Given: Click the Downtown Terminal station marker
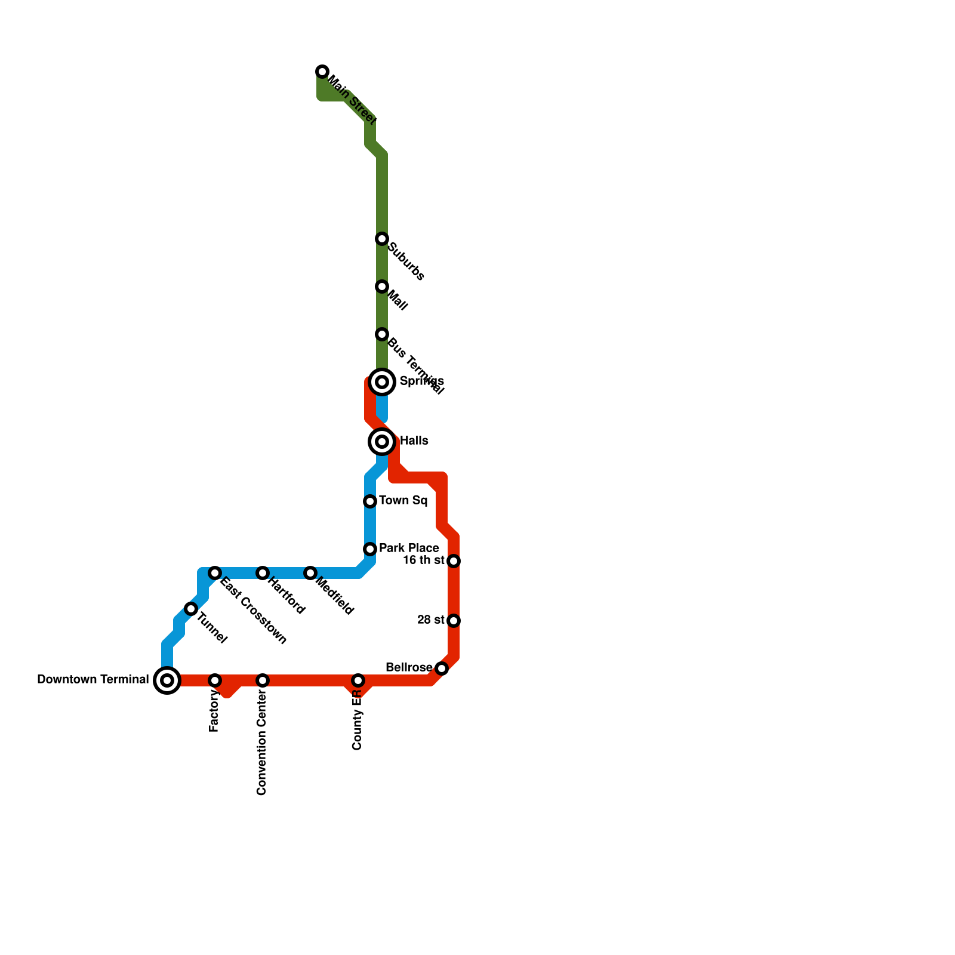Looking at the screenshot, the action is point(167,680).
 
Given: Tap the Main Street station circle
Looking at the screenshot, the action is point(322,72).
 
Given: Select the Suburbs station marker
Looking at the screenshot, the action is point(382,239).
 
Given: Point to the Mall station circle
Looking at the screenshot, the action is point(382,286).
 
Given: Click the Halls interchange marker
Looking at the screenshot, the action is point(382,442).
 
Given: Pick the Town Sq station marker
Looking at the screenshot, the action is point(370,501).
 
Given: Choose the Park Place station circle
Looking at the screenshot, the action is point(370,549).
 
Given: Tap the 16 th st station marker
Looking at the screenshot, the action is point(454,561).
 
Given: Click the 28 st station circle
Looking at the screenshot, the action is point(454,621).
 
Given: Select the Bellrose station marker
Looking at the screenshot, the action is point(442,668).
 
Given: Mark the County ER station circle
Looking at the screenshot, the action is point(358,680).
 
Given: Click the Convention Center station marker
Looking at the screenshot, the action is point(263,680).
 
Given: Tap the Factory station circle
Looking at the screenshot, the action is point(215,680).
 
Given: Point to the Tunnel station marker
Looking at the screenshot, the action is point(191,609).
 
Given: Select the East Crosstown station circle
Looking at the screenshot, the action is point(215,573).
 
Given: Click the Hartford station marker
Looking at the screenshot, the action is point(263,573).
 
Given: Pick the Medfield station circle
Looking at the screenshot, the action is point(310,573).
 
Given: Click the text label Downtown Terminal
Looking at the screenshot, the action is point(93,680).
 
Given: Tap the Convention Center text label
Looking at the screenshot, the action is point(261,746).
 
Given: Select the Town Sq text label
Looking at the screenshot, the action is point(403,501).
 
